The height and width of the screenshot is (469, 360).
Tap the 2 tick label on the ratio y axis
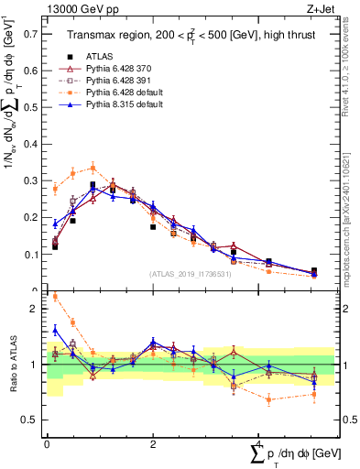coord(36,309)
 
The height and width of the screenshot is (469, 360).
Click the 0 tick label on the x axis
coord(47,443)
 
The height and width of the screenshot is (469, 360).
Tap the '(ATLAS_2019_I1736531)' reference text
coord(189,274)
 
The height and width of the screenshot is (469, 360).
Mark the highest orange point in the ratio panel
coord(55,296)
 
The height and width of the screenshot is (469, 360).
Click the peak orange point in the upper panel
coord(93,168)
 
